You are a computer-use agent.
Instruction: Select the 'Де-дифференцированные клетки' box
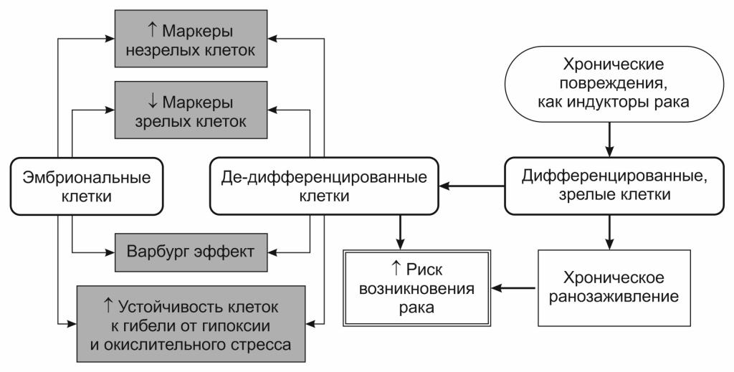point(323,186)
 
